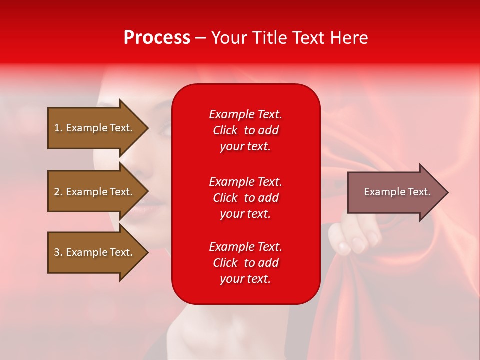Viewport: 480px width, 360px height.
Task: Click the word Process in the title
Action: click(157, 38)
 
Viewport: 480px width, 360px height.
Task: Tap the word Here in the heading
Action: click(348, 38)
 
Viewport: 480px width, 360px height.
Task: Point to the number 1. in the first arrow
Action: click(58, 128)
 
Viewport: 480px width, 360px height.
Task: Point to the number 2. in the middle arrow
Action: click(58, 192)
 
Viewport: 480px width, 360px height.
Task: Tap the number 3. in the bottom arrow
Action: click(58, 252)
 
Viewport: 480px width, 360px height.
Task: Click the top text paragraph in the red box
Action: click(245, 130)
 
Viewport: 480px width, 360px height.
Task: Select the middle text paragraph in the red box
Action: click(245, 198)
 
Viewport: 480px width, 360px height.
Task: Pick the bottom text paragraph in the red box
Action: click(245, 263)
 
